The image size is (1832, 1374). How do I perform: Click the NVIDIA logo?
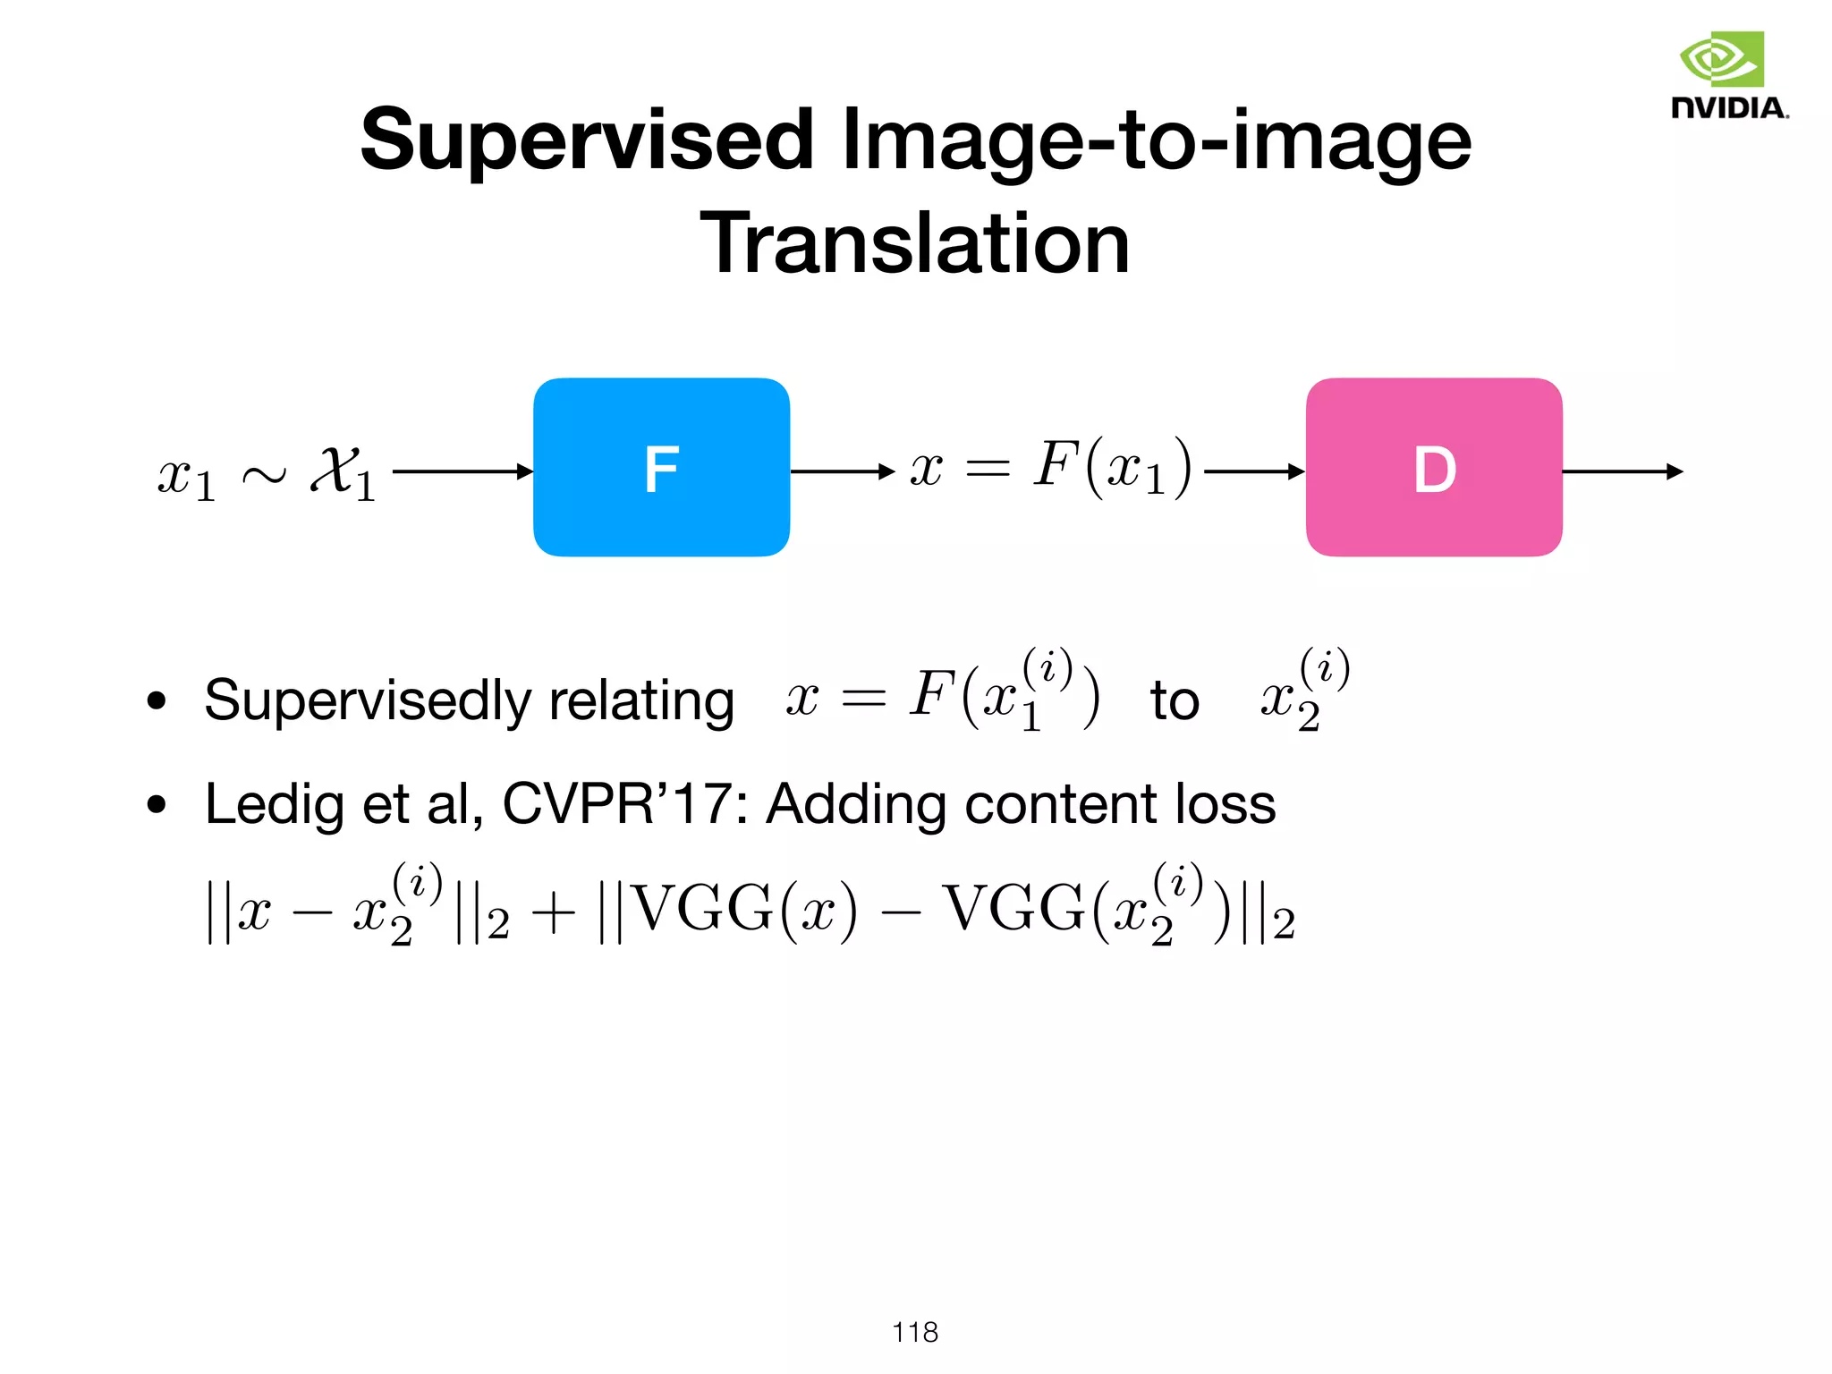1729,75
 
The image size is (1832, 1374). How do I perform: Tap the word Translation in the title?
915,243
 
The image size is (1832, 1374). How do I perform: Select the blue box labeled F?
661,468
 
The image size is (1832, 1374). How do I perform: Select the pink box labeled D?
1434,468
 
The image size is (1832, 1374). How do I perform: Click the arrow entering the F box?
462,471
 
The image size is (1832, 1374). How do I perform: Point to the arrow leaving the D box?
1622,471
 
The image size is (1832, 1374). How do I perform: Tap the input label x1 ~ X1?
267,472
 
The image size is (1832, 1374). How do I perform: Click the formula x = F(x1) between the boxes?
1051,468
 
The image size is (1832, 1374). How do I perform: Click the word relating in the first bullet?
641,700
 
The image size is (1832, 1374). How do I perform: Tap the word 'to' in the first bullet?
1175,700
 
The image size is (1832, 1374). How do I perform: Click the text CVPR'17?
615,804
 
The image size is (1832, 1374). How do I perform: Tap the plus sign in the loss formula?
554,914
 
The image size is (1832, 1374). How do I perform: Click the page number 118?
915,1332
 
